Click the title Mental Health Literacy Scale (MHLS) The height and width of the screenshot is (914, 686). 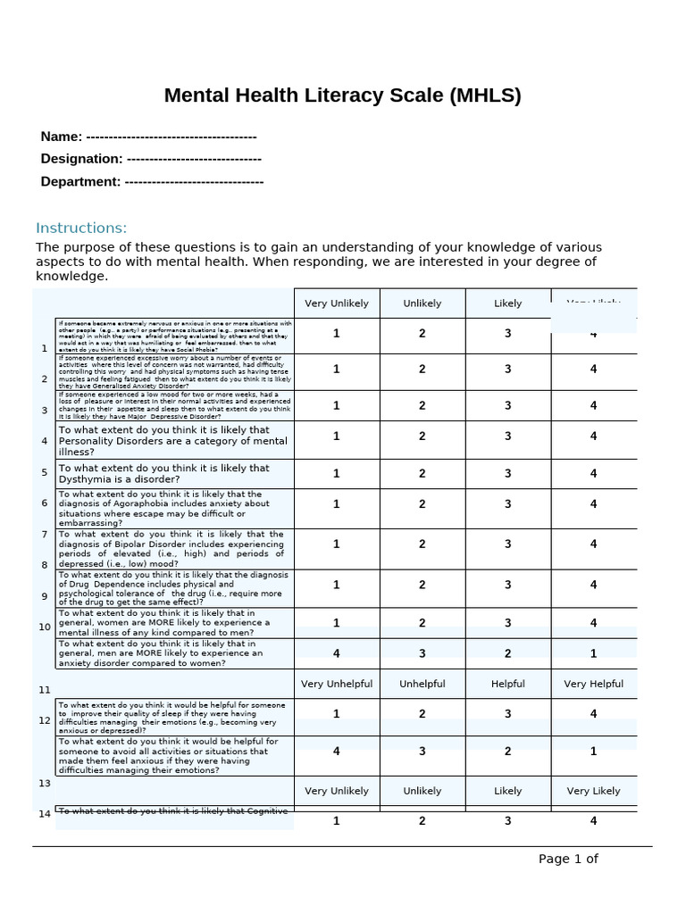[343, 96]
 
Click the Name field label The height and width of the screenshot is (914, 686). [62, 137]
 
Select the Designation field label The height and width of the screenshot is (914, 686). [81, 159]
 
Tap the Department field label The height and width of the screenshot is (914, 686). [80, 182]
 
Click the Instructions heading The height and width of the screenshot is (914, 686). [81, 228]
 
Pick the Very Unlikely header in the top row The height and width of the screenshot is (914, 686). [337, 303]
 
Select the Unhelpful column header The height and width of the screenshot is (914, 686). [422, 685]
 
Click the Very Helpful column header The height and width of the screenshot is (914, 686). [594, 685]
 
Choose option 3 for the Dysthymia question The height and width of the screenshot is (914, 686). [508, 474]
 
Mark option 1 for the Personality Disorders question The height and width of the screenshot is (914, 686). [337, 436]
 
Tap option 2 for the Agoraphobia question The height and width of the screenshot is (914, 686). [422, 504]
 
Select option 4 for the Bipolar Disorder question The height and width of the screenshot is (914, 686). [594, 544]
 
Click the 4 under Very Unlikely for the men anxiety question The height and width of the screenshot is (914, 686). [337, 653]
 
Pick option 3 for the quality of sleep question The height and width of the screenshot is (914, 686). [508, 714]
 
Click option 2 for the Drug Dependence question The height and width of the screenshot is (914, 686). [422, 585]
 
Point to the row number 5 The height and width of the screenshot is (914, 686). [44, 472]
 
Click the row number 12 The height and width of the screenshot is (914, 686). [45, 720]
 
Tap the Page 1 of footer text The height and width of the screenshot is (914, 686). [568, 859]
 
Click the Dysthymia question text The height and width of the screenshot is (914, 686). [164, 474]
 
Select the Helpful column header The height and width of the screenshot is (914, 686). [508, 685]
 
